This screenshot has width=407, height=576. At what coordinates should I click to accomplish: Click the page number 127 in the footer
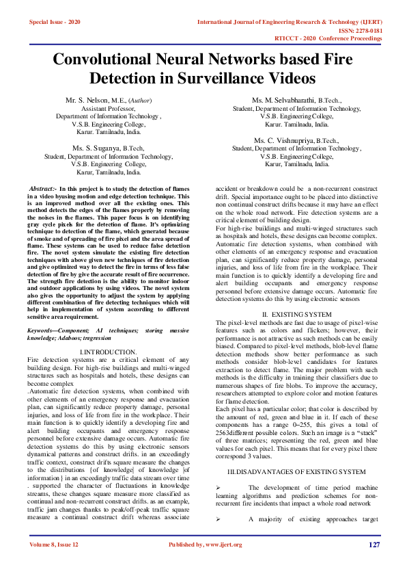374,545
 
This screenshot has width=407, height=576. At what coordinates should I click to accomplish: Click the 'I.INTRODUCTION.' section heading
109,352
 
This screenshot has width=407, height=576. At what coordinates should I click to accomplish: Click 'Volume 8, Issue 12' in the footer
55,545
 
